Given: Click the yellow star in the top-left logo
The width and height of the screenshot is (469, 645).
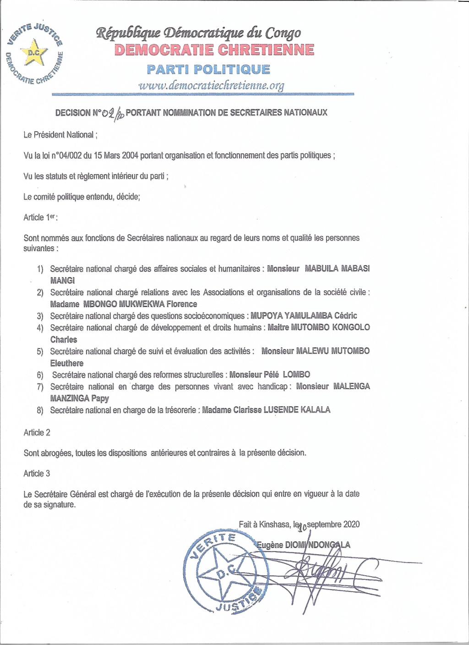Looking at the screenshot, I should [x=35, y=52].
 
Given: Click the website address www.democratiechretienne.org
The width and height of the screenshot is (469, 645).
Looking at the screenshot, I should [x=211, y=85].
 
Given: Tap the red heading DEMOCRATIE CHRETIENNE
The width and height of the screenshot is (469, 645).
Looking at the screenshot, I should [x=214, y=49].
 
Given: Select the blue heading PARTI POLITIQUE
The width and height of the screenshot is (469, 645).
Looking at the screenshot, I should [x=208, y=70].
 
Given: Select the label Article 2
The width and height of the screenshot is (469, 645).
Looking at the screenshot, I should [x=37, y=432].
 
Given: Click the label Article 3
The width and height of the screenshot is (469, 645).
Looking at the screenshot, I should [x=37, y=473].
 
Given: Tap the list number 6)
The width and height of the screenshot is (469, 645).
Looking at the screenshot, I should [x=40, y=375].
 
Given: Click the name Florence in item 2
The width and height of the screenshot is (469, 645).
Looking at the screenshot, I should [x=182, y=304].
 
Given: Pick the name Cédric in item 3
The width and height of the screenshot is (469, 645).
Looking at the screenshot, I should [x=345, y=316].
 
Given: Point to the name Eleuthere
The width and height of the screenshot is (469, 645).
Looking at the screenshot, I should [x=67, y=363].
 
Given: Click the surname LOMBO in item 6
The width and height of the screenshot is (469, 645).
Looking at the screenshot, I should [x=296, y=374].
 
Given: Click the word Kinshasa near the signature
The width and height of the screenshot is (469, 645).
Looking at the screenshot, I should [x=274, y=524].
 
